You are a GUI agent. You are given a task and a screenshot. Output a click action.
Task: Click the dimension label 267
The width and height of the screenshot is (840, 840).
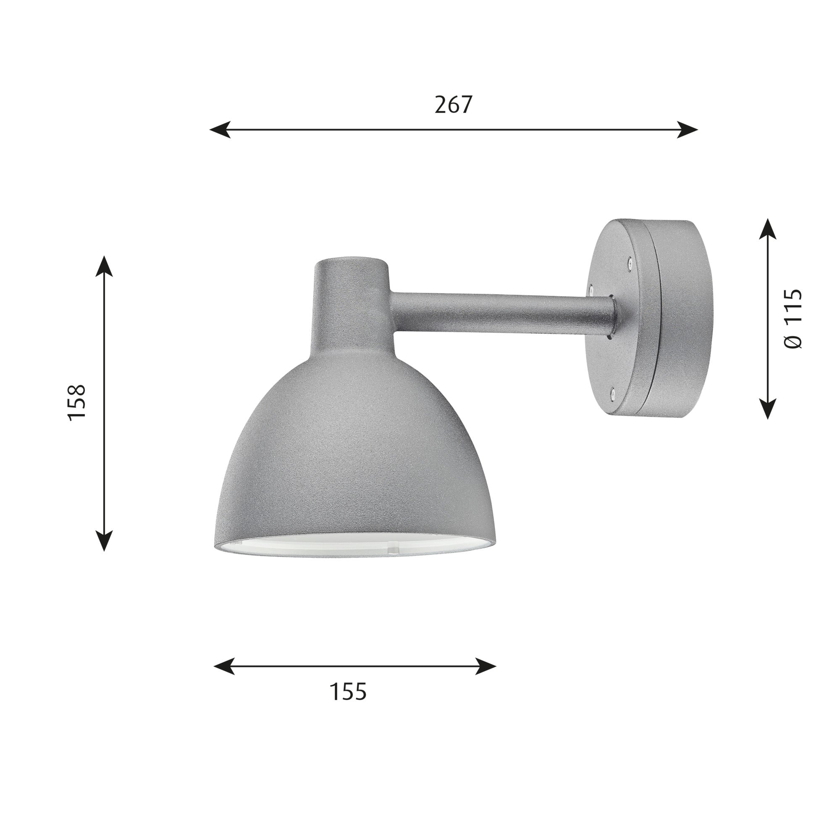[x=453, y=105]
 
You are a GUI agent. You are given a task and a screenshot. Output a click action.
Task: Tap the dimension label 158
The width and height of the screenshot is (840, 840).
[x=77, y=402]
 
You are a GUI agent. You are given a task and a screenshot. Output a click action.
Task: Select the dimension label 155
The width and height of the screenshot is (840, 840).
[x=348, y=691]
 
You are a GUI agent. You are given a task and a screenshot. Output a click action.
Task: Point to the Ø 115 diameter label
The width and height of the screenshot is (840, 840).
[x=793, y=318]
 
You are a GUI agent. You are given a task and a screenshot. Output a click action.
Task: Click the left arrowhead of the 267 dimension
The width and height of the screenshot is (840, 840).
[x=220, y=129]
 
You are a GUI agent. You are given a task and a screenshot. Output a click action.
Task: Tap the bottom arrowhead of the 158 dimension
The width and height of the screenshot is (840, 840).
[x=104, y=541]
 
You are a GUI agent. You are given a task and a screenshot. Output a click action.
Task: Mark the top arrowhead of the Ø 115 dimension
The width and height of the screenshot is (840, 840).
[x=768, y=229]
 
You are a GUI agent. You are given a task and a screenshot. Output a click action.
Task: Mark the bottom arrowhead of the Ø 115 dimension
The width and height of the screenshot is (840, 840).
[x=768, y=409]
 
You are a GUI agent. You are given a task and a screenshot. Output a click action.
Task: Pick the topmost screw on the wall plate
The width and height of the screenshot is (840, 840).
[x=630, y=261]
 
